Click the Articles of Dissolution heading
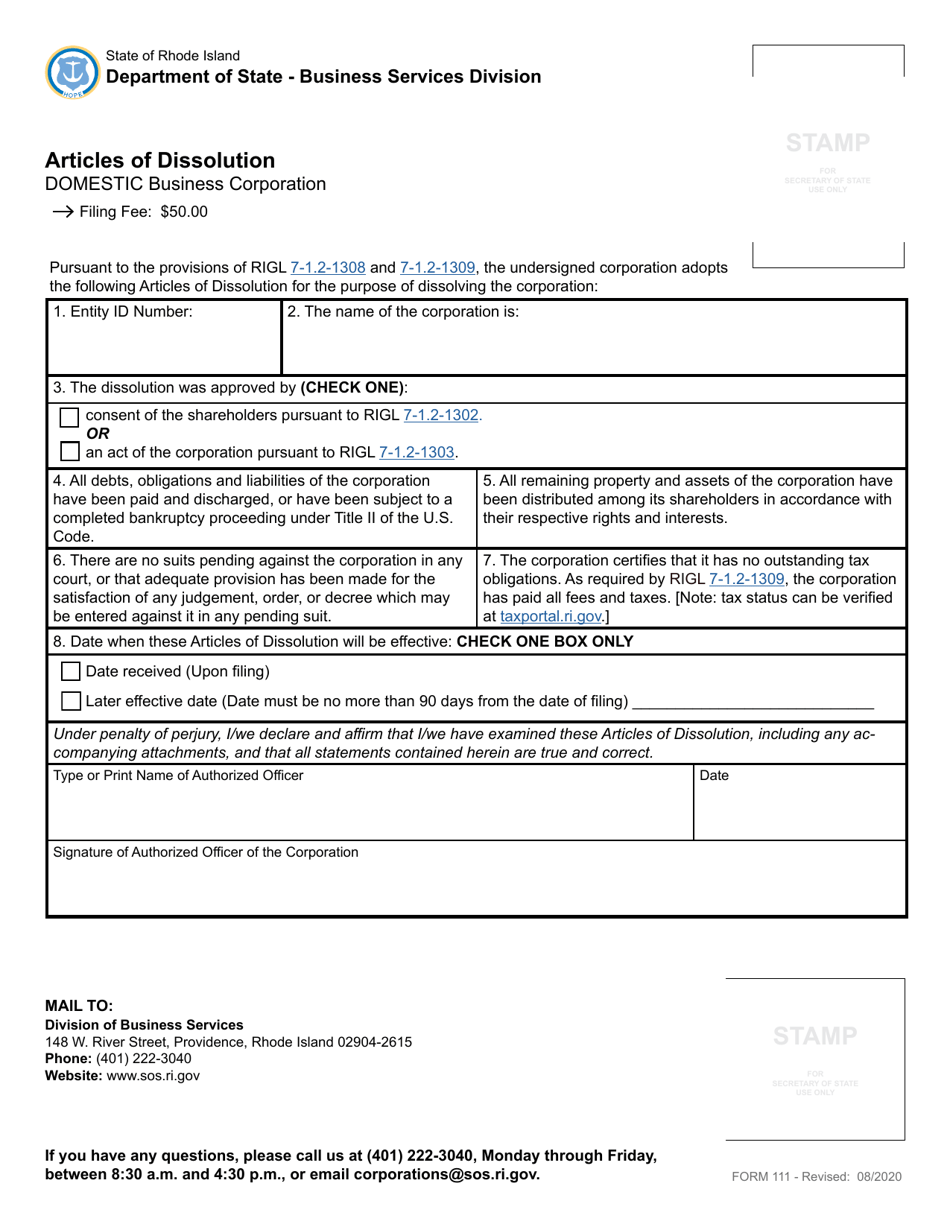(x=160, y=160)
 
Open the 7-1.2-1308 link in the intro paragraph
(x=328, y=268)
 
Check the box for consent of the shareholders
(x=70, y=416)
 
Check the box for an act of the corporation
(x=70, y=451)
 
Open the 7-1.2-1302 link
(x=441, y=415)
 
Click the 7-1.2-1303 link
(x=417, y=452)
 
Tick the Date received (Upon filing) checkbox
(x=71, y=671)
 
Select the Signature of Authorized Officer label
(x=205, y=852)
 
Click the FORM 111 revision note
(x=817, y=1177)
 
